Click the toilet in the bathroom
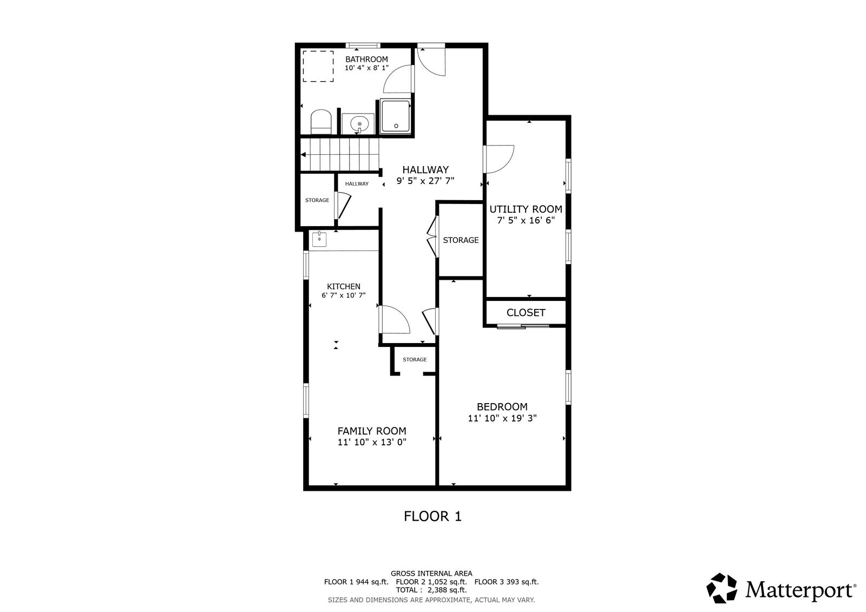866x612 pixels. point(322,122)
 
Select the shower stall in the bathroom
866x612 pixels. point(395,116)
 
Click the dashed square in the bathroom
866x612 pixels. point(318,66)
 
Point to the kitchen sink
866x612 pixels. point(319,239)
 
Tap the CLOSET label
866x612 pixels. point(526,313)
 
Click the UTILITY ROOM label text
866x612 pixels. point(526,209)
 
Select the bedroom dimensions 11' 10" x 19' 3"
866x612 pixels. point(502,418)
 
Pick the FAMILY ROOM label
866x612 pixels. point(372,431)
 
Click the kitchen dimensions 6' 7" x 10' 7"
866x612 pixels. point(344,295)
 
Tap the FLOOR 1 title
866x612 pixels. point(432,516)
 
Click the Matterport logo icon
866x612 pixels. point(722,588)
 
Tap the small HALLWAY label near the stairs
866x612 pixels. point(357,184)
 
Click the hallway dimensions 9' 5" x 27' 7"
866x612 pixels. point(425,181)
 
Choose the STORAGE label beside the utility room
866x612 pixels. point(461,240)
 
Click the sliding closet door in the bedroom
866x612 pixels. point(523,327)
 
